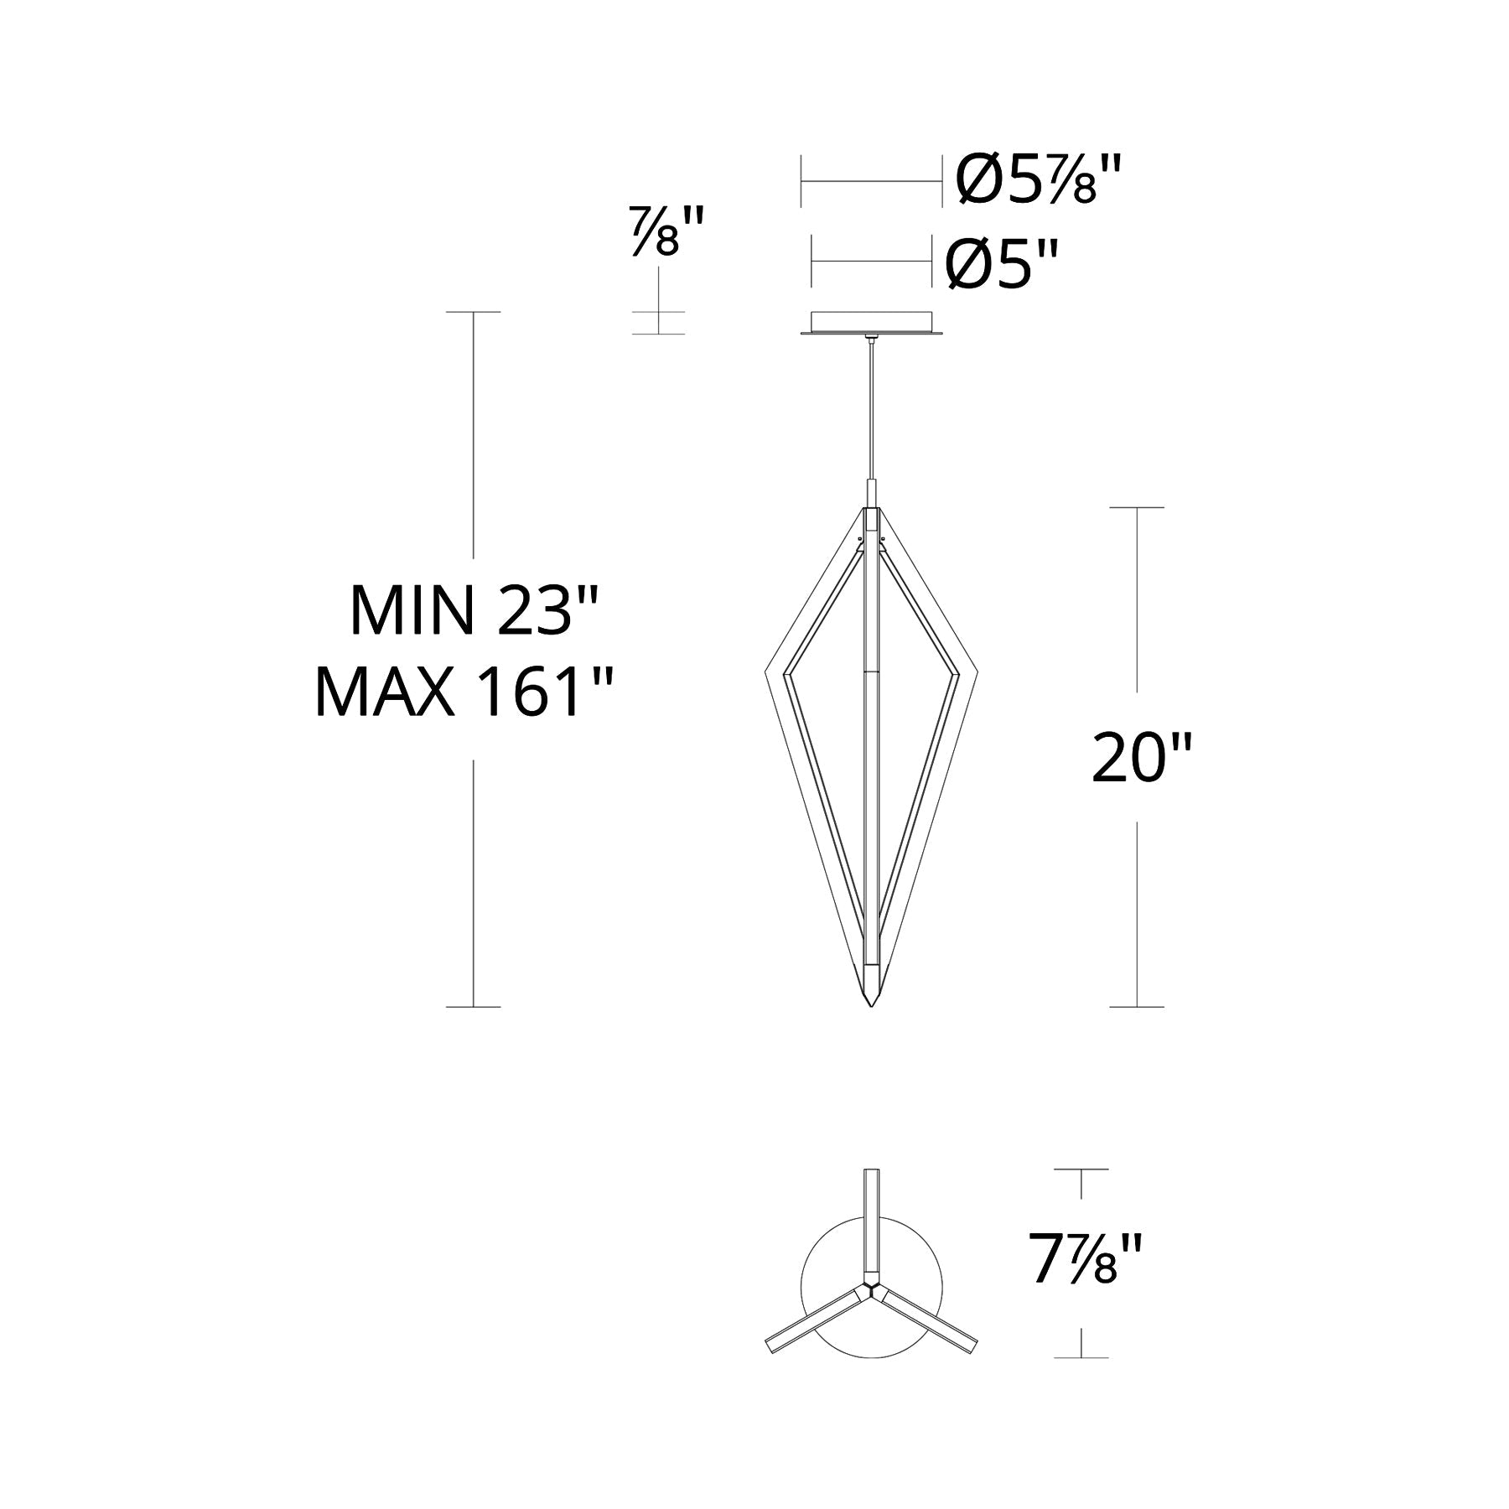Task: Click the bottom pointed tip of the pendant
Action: (872, 1003)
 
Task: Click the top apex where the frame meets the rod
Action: (872, 508)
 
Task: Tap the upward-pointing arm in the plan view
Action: (872, 1216)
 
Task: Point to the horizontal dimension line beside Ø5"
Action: (872, 262)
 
